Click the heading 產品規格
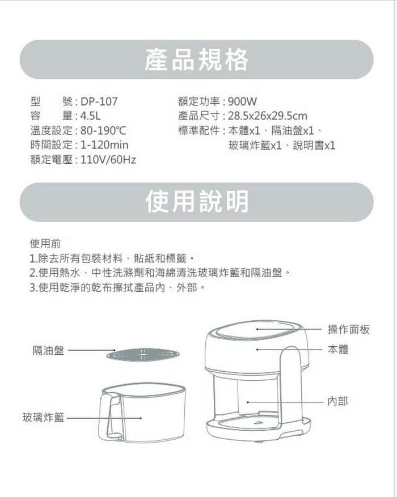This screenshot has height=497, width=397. tap(197, 60)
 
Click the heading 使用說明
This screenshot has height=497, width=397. tap(197, 202)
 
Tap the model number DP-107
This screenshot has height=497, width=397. tap(99, 101)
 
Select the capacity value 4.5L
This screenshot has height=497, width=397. tap(90, 116)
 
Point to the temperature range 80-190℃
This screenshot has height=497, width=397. tap(103, 130)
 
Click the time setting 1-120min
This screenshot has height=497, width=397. tap(104, 145)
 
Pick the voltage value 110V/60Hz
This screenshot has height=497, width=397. tap(108, 159)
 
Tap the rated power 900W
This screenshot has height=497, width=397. tap(242, 101)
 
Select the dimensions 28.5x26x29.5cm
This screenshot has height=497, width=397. tap(268, 116)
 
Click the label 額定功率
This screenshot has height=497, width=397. tap(199, 101)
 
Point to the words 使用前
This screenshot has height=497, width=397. tap(45, 244)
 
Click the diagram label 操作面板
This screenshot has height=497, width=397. tap(348, 330)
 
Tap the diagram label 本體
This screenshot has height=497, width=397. tap(338, 350)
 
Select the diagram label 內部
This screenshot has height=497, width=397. tap(337, 402)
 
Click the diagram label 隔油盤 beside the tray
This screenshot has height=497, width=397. tap(48, 350)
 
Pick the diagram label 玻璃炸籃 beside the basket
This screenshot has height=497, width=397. tap(43, 417)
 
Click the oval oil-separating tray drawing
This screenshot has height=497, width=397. tap(143, 355)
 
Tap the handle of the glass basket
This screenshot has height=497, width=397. tap(106, 415)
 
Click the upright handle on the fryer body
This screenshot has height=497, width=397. tap(291, 386)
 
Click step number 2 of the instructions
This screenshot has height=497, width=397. tap(33, 273)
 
